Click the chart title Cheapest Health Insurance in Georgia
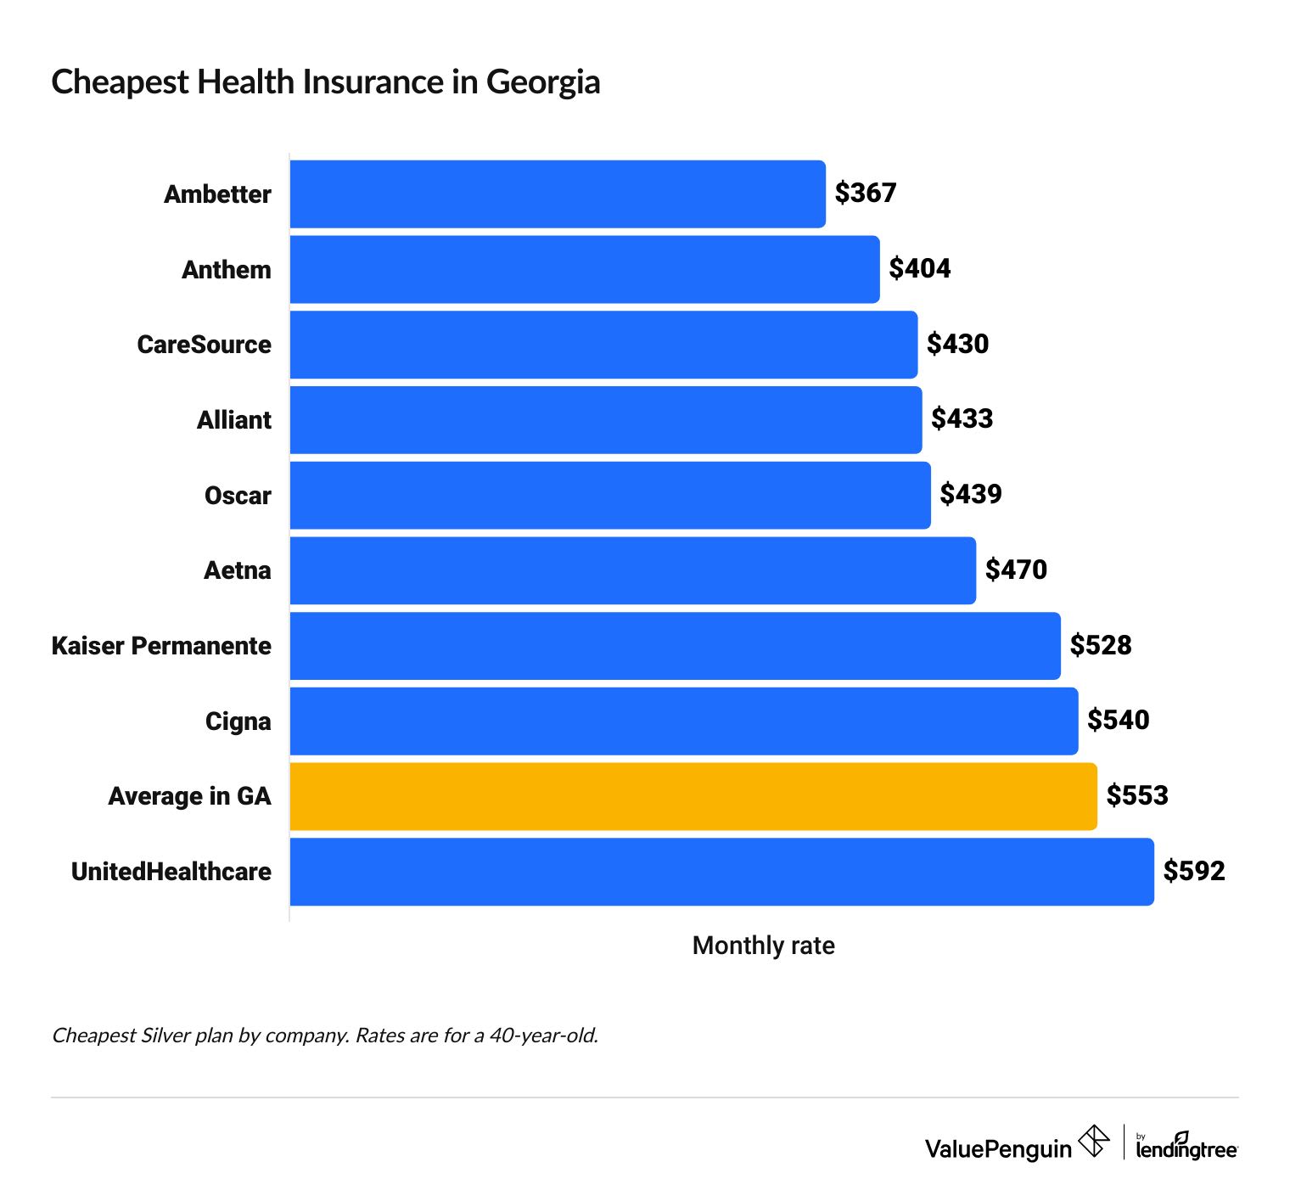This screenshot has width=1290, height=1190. click(325, 82)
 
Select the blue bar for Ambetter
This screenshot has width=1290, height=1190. click(557, 194)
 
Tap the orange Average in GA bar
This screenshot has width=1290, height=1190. click(693, 796)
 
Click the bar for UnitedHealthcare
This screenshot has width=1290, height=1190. click(721, 872)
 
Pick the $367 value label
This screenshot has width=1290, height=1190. click(865, 193)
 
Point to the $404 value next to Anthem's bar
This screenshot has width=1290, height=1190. click(919, 268)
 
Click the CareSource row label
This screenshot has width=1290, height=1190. click(204, 345)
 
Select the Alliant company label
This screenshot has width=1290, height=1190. click(233, 420)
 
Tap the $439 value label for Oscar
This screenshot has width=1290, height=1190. click(970, 494)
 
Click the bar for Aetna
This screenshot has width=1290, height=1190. click(632, 570)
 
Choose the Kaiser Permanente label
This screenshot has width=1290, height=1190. click(161, 646)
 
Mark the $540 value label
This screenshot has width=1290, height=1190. click(1118, 720)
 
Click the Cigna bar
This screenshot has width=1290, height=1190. click(683, 721)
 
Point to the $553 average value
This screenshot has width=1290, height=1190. click(1137, 795)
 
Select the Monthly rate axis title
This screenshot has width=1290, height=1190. click(763, 946)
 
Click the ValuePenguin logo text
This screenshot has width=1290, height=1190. click(998, 1149)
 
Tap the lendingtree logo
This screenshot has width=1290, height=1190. click(1186, 1148)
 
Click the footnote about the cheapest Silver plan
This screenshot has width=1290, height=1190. click(325, 1036)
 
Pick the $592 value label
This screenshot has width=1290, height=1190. click(1193, 871)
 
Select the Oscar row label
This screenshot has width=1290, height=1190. click(238, 496)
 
